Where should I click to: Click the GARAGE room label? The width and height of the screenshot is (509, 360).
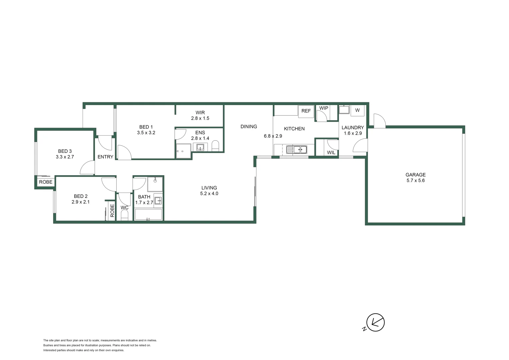(x=415, y=175)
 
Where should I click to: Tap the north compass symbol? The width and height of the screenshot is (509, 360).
(x=375, y=322)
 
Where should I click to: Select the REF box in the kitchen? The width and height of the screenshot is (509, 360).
(x=306, y=111)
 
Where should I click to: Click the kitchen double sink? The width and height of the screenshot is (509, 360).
(x=296, y=150)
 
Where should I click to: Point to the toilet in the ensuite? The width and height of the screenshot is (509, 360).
(x=216, y=146)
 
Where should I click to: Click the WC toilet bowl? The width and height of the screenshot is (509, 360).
(x=125, y=215)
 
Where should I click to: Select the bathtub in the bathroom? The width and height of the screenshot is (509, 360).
(x=148, y=214)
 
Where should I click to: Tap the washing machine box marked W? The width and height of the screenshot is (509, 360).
(x=357, y=110)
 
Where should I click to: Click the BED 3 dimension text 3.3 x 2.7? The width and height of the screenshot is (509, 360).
(x=65, y=157)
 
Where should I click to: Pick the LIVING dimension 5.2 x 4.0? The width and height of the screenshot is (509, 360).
(x=209, y=193)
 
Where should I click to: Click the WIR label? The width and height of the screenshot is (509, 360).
(x=200, y=113)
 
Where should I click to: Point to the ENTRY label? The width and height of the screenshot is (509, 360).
(x=105, y=157)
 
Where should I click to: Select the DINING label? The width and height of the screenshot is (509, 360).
(x=249, y=127)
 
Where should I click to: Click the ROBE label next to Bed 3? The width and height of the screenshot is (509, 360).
(x=46, y=182)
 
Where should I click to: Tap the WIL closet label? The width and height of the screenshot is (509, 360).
(x=331, y=152)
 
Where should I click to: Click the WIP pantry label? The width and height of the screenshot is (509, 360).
(x=323, y=108)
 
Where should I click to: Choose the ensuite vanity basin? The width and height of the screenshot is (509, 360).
(x=200, y=147)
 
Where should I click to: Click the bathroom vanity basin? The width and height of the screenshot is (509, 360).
(x=158, y=200)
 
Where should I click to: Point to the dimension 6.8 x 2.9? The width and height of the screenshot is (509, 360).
(x=273, y=136)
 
